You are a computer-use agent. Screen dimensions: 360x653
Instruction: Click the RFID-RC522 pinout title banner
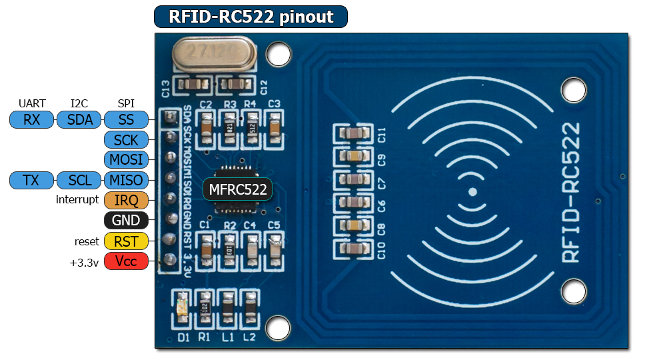251,17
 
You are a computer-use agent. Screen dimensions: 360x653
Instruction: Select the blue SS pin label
126,120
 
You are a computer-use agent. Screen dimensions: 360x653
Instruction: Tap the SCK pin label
126,140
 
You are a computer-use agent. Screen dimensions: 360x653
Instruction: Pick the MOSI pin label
126,160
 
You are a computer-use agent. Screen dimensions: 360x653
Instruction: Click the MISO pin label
126,180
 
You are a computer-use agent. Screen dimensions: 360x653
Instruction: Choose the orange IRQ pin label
126,200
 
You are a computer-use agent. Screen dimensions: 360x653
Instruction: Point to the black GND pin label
126,220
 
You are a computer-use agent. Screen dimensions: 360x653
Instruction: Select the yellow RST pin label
126,241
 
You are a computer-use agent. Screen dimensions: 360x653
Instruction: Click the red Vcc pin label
126,261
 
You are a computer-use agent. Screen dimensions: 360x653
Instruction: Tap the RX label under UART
31,120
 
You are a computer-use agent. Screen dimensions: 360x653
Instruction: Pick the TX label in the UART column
31,180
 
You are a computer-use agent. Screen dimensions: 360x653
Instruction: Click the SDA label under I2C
79,120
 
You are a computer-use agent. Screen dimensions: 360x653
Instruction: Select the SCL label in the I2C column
79,180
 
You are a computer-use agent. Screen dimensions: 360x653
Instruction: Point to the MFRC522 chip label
238,189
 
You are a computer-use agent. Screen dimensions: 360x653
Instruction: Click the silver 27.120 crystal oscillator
214,54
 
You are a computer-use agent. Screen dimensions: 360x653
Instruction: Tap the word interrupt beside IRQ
77,200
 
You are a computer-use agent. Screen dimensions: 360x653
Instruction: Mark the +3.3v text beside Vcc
84,262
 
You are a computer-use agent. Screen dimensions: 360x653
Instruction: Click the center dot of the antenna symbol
472,191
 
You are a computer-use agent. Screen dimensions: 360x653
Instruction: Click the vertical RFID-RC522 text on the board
571,192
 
